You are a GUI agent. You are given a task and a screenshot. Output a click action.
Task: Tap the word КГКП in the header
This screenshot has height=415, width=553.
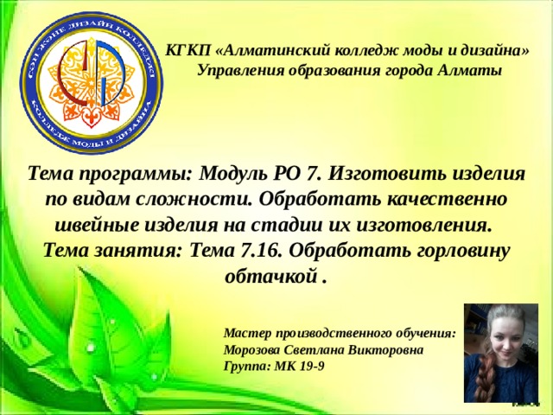[185, 51]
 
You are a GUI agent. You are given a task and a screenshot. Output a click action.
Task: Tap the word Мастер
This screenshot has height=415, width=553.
[245, 332]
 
